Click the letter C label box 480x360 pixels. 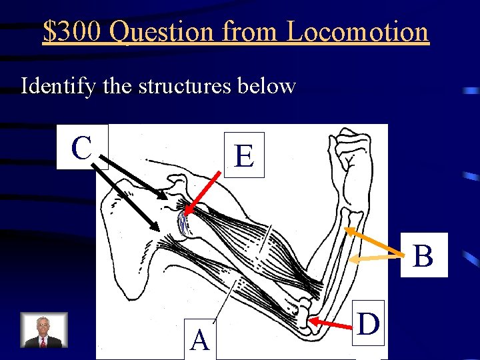pyautogui.click(x=81, y=147)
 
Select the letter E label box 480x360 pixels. pyautogui.click(x=244, y=156)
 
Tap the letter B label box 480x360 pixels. pyautogui.click(x=423, y=255)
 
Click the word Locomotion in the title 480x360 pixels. pyautogui.click(x=357, y=31)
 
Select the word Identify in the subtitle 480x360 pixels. pyautogui.click(x=54, y=86)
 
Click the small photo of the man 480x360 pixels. pyautogui.click(x=44, y=331)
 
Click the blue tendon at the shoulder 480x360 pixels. pyautogui.click(x=183, y=223)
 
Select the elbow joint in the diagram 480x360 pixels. pyautogui.click(x=307, y=313)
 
